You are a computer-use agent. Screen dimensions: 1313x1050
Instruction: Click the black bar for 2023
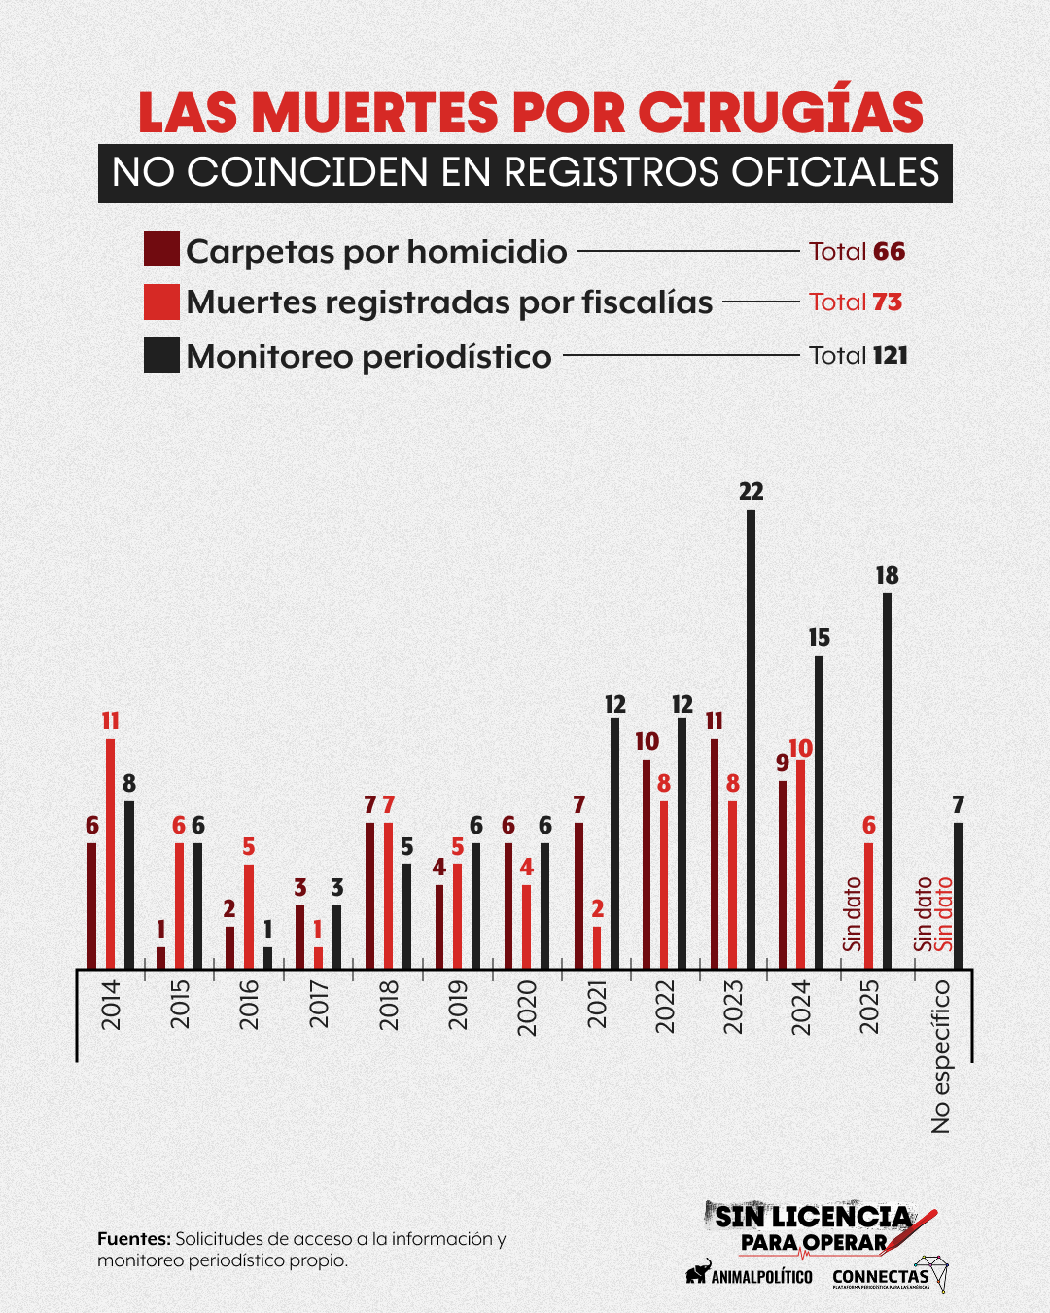pos(751,739)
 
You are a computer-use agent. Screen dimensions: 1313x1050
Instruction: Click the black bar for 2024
pos(819,812)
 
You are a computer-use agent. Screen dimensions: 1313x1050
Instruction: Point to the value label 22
pos(752,492)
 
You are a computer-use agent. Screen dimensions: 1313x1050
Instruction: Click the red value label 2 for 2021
pos(597,909)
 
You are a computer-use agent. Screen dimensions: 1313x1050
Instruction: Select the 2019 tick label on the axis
pos(458,1005)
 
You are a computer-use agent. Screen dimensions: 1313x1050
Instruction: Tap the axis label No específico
pos(941,1056)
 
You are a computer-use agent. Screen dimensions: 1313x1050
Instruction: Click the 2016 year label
pos(249,1005)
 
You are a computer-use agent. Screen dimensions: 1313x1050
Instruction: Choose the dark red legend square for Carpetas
pos(161,249)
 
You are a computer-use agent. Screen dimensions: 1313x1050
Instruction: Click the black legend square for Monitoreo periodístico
pos(161,356)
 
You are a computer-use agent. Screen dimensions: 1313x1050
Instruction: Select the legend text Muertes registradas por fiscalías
pos(449,302)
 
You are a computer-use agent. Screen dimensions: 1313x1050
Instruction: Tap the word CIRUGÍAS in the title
pos(781,113)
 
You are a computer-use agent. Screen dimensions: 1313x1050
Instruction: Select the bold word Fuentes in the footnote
pos(133,1239)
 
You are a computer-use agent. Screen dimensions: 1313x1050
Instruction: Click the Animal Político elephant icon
pos(697,1272)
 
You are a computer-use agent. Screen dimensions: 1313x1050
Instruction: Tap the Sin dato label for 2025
pos(853,914)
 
